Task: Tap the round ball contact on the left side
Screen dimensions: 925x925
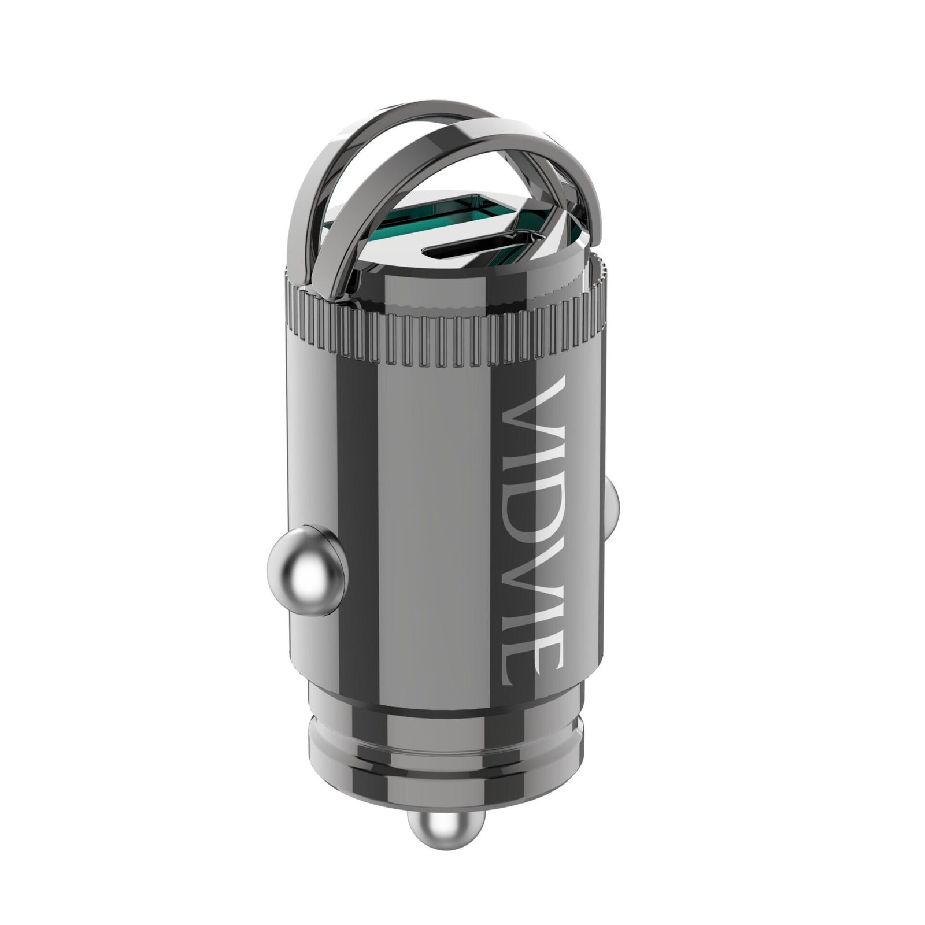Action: point(304,562)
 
